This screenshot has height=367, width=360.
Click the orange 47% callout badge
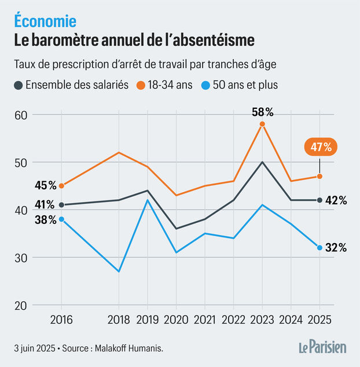tap(319, 148)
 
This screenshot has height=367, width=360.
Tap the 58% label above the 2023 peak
tap(262, 112)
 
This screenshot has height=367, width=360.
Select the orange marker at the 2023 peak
tap(262, 124)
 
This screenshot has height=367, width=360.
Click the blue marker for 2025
tap(319, 248)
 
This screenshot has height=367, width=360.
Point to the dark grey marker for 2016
tap(61, 204)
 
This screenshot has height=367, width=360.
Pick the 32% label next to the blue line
tap(336, 248)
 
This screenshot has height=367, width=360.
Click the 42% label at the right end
tap(336, 200)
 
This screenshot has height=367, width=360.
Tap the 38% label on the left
tap(45, 219)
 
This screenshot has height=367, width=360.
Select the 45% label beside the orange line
tap(45, 185)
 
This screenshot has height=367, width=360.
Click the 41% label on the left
tap(45, 204)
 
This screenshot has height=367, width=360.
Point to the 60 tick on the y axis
tap(21, 115)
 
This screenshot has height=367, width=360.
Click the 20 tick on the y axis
tap(21, 305)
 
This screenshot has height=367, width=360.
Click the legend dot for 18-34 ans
tap(141, 85)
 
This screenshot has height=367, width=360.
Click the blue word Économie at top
tap(45, 21)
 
